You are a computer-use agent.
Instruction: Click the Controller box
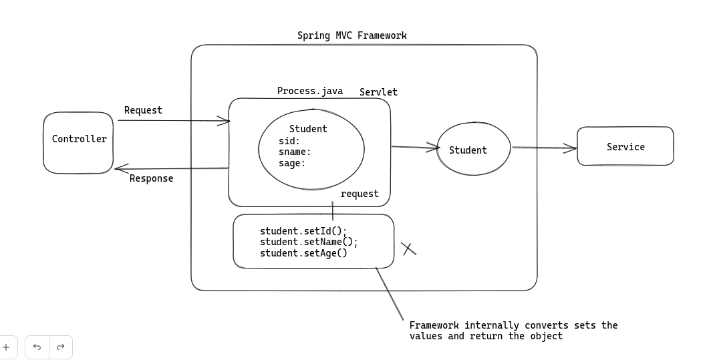click(x=79, y=142)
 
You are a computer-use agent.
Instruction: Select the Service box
click(x=625, y=146)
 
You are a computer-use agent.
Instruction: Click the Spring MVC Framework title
click(x=351, y=35)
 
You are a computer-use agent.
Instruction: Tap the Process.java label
click(x=310, y=91)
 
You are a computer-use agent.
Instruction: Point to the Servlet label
click(x=378, y=92)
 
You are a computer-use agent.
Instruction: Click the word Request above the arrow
click(x=143, y=110)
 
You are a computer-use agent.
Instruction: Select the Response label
click(x=151, y=178)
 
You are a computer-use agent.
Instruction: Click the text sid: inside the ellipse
click(x=289, y=141)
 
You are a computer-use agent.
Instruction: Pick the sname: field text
click(x=295, y=152)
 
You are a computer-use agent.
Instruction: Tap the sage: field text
click(x=292, y=163)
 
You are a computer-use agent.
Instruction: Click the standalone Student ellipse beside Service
click(x=473, y=150)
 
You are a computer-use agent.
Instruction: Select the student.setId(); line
click(x=303, y=231)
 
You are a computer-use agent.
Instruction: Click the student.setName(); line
click(x=309, y=242)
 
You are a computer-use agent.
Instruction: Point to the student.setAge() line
click(x=303, y=252)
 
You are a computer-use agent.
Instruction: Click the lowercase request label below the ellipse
click(x=360, y=194)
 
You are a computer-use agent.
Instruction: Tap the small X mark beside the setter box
click(x=409, y=249)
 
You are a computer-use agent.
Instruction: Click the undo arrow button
click(x=37, y=347)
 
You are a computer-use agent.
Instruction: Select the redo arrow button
click(x=60, y=347)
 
